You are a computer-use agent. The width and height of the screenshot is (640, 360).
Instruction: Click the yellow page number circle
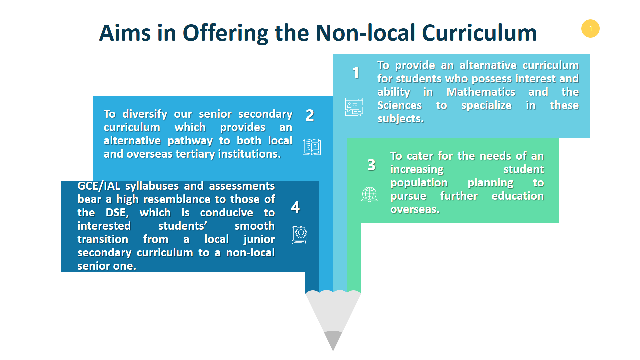point(590,29)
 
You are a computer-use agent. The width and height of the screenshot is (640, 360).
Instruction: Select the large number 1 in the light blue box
point(356,73)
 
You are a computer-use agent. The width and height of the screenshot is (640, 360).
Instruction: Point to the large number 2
point(310,115)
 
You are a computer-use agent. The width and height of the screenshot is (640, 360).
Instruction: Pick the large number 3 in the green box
point(371,165)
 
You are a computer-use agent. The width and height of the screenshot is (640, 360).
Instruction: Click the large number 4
point(295,207)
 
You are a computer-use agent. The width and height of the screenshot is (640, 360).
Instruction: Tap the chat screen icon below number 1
point(354,107)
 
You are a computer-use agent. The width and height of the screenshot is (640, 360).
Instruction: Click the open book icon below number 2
point(312,147)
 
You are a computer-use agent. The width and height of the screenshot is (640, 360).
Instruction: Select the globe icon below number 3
point(369,194)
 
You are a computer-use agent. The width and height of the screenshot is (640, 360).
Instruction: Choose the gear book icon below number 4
point(299,235)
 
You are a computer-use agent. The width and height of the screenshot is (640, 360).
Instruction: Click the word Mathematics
point(481,92)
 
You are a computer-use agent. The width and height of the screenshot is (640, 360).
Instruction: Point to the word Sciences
point(399,105)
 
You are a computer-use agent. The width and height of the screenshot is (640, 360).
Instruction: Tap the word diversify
point(145,114)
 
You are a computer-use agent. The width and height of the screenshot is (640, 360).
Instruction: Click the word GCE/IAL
point(99,186)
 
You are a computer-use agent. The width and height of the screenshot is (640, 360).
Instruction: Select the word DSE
point(117,213)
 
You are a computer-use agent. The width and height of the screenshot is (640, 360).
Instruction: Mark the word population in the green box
point(419,183)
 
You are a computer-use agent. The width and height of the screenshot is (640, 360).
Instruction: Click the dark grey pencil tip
point(333,340)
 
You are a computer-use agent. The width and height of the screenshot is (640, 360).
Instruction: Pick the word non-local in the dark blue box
point(250,253)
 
